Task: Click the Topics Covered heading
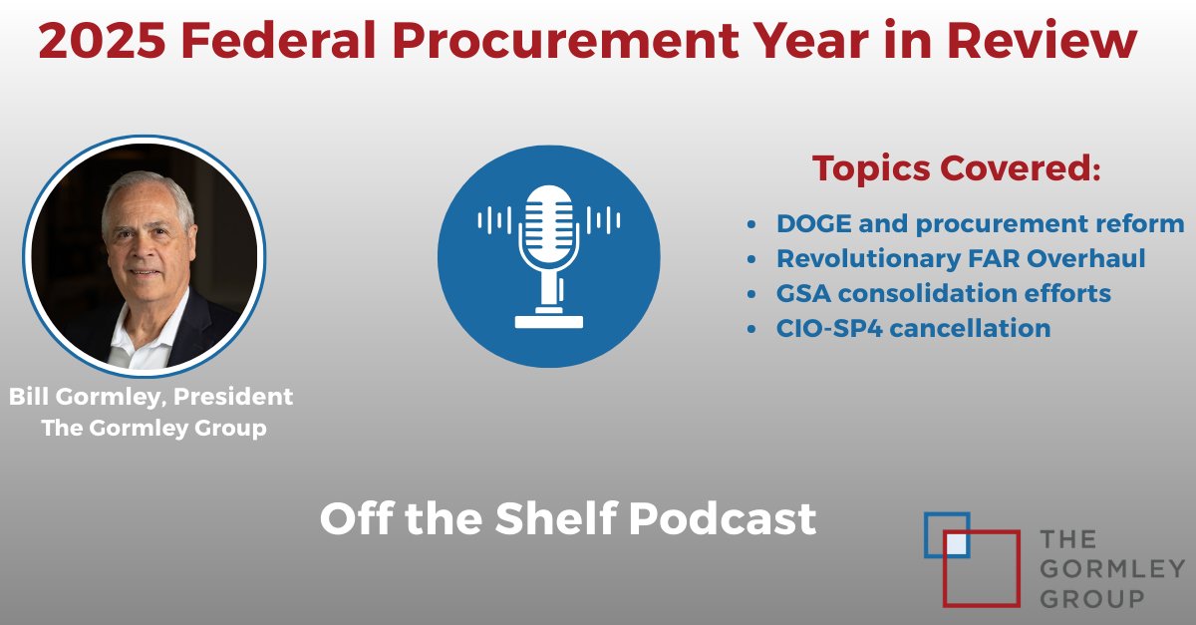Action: (x=955, y=167)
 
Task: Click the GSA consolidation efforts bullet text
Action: (x=944, y=293)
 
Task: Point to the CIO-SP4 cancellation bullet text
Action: (x=913, y=327)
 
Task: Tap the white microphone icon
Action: (x=548, y=255)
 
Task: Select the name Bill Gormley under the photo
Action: (x=82, y=397)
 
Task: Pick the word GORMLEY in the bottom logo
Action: (x=1112, y=569)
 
